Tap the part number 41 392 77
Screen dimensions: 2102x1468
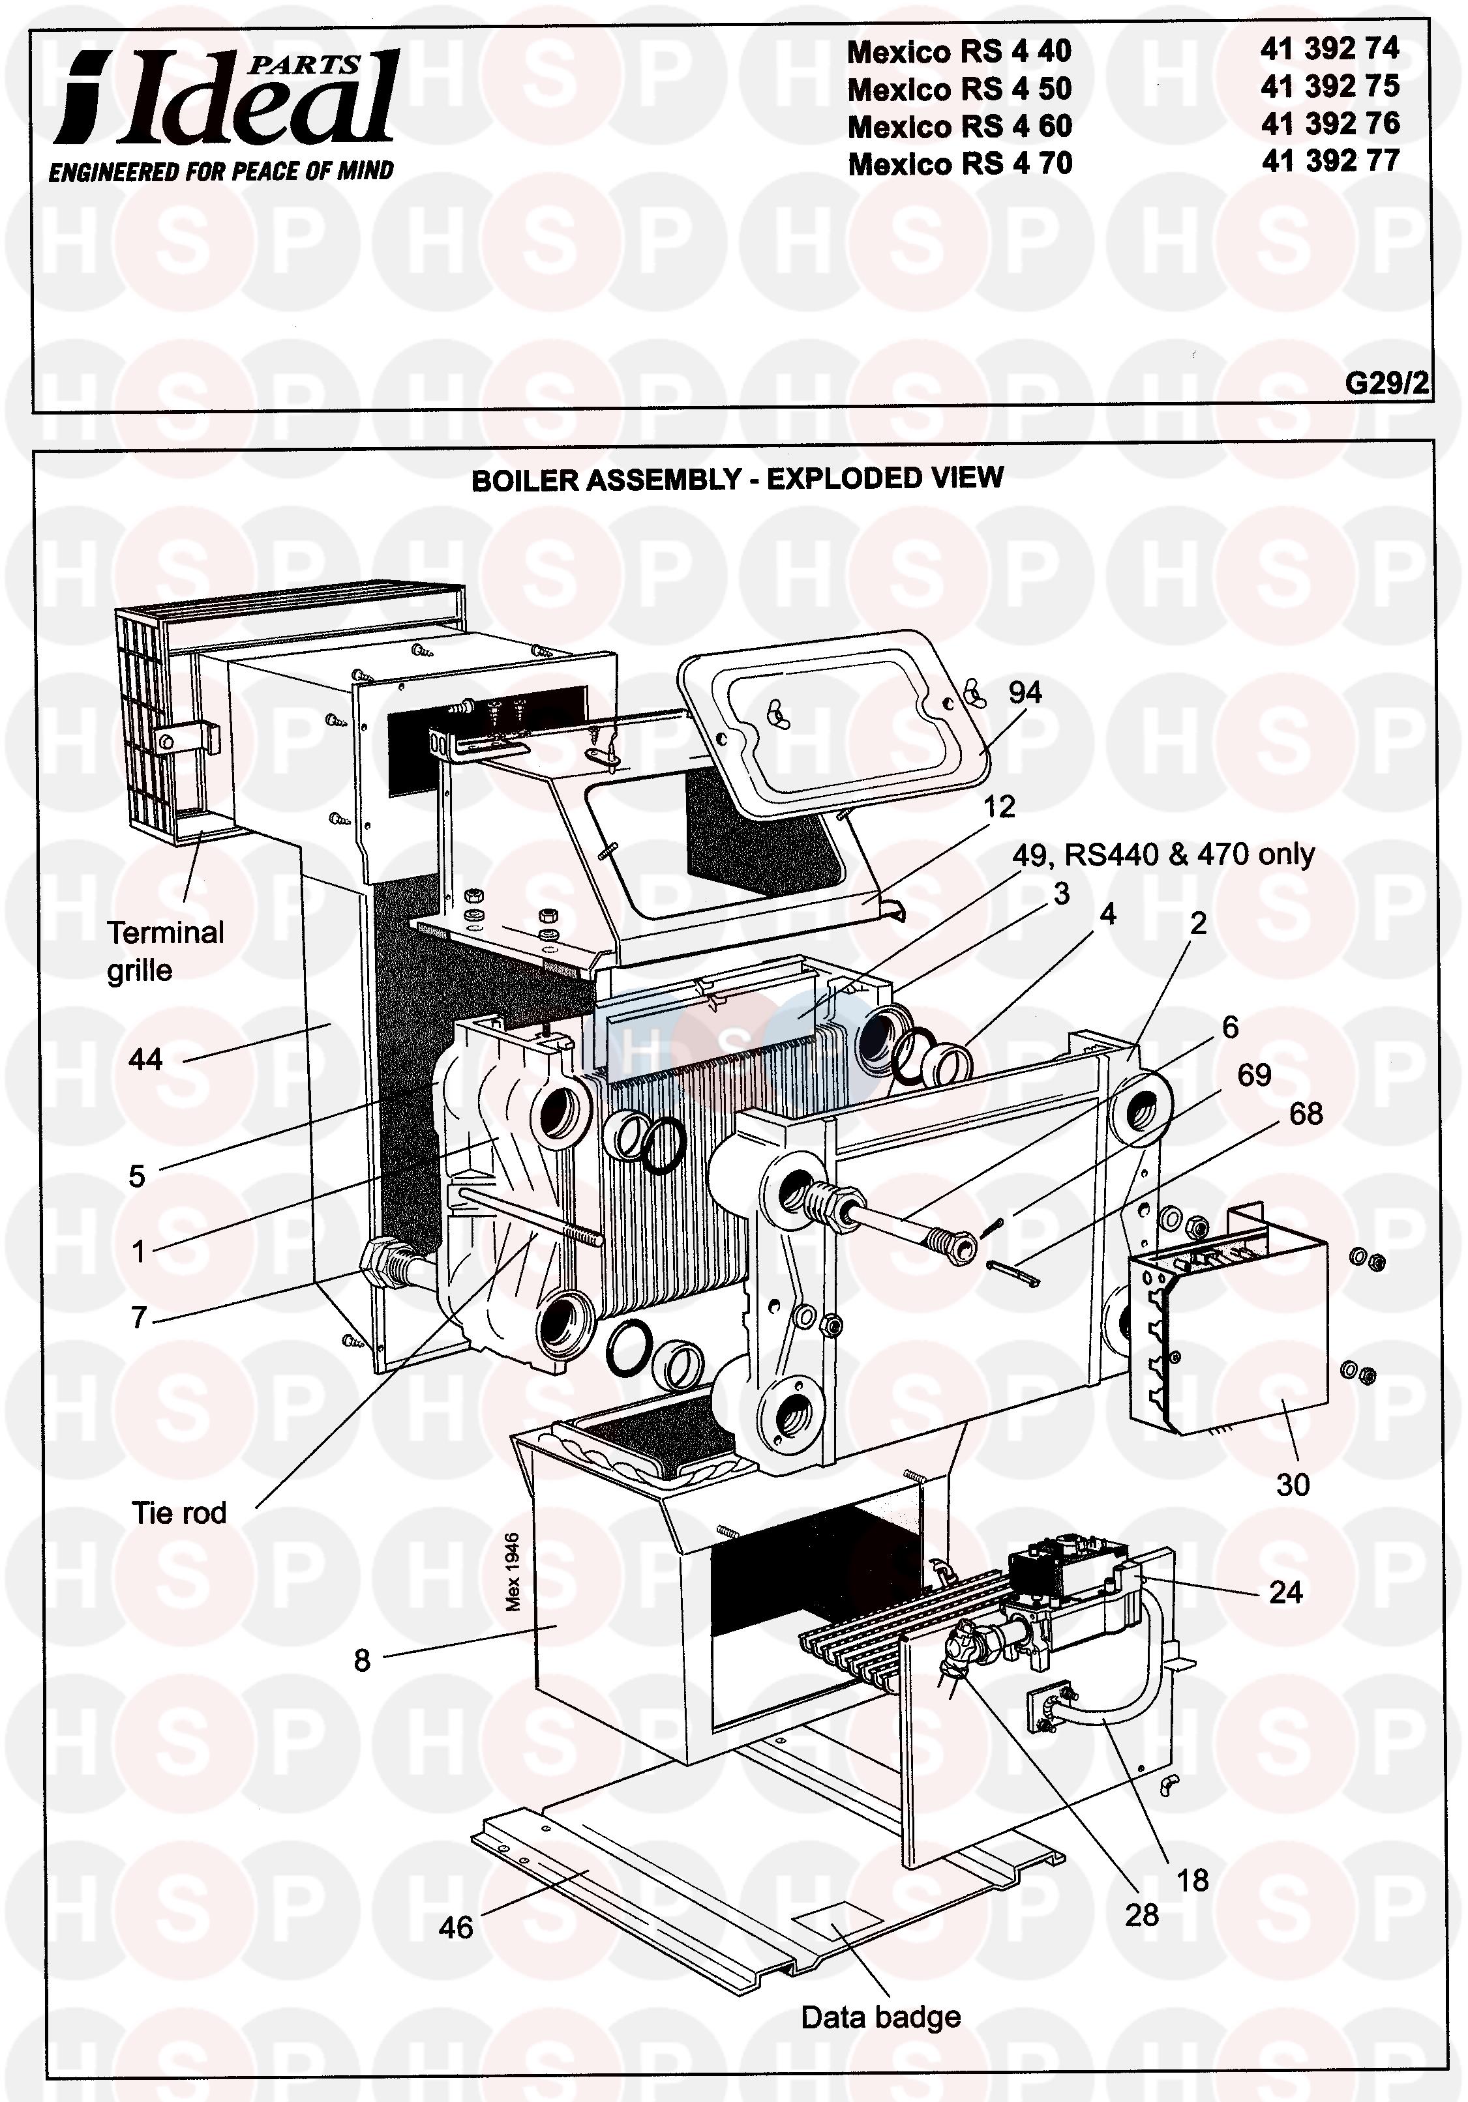[x=1330, y=161]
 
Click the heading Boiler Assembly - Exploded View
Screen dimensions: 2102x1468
[x=736, y=479]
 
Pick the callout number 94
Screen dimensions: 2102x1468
[x=1025, y=692]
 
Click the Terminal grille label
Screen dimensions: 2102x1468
[x=165, y=951]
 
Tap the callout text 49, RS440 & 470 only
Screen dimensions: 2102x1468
[x=1163, y=854]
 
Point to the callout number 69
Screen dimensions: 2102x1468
[x=1253, y=1075]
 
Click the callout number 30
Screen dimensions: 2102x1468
[x=1292, y=1485]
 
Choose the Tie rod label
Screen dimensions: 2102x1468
[x=179, y=1512]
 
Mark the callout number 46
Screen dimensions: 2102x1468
[x=455, y=1927]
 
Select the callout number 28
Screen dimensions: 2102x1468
[x=1142, y=1914]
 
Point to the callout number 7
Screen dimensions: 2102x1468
[x=138, y=1317]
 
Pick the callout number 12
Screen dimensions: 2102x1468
[x=999, y=806]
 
